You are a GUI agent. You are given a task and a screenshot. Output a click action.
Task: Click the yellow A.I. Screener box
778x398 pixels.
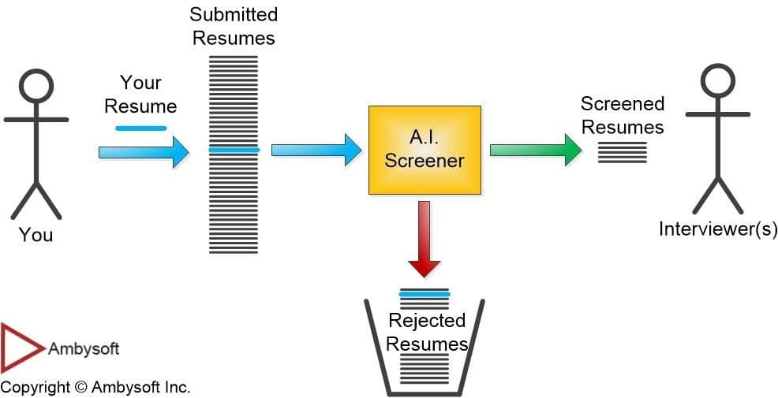pyautogui.click(x=425, y=150)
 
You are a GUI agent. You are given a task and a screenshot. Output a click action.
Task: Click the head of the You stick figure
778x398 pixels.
pyautogui.click(x=36, y=86)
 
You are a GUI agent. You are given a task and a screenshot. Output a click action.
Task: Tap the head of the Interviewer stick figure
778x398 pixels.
pyautogui.click(x=717, y=82)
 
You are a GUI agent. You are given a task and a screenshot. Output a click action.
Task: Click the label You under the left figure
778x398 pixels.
pyautogui.click(x=36, y=235)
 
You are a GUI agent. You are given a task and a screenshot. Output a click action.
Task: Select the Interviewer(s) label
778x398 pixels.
pyautogui.click(x=718, y=229)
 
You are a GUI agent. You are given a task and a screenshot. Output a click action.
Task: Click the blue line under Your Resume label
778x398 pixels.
pyautogui.click(x=140, y=128)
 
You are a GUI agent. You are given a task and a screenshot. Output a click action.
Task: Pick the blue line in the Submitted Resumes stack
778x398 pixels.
pyautogui.click(x=234, y=150)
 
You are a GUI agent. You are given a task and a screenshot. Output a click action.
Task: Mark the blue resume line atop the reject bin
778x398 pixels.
pyautogui.click(x=425, y=294)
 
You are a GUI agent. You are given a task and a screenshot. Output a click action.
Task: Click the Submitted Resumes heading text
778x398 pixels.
pyautogui.click(x=234, y=26)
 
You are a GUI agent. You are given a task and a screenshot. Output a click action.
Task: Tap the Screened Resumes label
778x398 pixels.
pyautogui.click(x=623, y=115)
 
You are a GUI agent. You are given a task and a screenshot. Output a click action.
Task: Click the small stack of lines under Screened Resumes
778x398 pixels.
pyautogui.click(x=622, y=152)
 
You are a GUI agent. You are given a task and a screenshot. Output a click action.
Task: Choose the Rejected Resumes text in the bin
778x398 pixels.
pyautogui.click(x=426, y=333)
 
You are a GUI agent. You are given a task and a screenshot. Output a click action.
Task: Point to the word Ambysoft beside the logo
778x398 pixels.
pyautogui.click(x=84, y=348)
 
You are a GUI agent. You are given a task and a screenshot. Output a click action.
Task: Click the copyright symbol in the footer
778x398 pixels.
pyautogui.click(x=80, y=388)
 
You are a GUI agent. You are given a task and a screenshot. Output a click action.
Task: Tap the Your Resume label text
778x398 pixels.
pyautogui.click(x=140, y=94)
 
